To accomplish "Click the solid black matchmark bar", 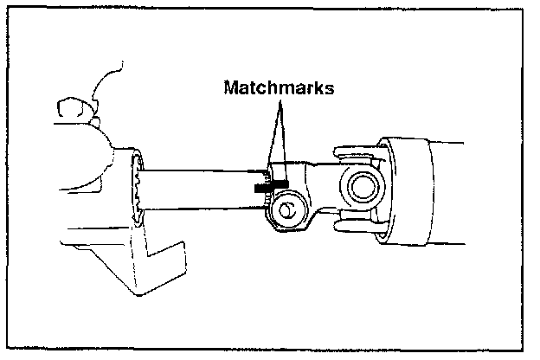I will click(x=269, y=185).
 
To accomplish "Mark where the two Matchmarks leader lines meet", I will click(x=280, y=102).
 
